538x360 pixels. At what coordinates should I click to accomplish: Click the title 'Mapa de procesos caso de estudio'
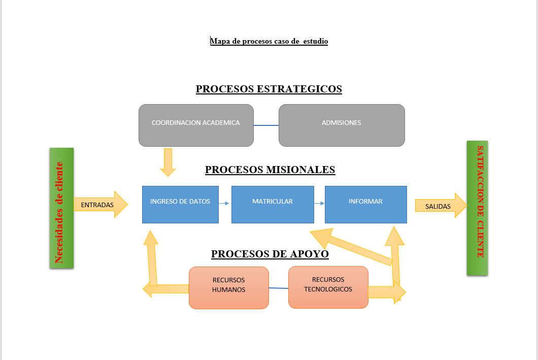click(x=269, y=41)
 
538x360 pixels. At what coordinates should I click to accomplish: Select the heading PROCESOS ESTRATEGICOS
click(x=269, y=89)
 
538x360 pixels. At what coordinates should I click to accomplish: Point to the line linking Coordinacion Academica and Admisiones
click(x=266, y=125)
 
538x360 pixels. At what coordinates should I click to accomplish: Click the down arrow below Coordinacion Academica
click(x=167, y=162)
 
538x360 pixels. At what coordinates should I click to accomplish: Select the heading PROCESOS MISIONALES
click(x=270, y=170)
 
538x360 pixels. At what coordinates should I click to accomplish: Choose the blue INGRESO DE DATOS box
click(x=180, y=204)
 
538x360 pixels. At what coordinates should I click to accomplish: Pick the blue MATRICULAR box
click(x=273, y=204)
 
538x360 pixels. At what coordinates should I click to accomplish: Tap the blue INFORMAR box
click(x=366, y=204)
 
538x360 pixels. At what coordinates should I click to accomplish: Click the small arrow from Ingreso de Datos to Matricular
click(x=224, y=204)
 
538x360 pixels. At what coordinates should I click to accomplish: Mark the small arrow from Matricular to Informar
click(x=319, y=204)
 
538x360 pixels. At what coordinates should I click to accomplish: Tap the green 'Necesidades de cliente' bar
click(x=61, y=208)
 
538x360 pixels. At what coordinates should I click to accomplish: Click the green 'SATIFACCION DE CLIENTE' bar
click(x=477, y=208)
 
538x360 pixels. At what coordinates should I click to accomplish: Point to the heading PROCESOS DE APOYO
click(x=270, y=254)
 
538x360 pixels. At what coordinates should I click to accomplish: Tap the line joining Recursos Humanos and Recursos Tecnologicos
click(x=279, y=288)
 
